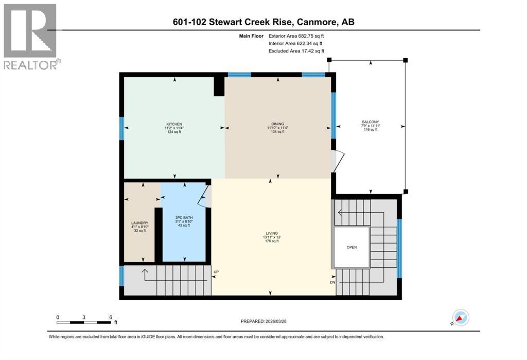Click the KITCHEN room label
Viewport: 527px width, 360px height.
pos(173,124)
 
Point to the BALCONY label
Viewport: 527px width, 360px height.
pos(370,122)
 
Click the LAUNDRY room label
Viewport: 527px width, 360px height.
pos(139,223)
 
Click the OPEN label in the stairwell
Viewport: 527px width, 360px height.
pos(352,247)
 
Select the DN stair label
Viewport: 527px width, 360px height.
pos(332,282)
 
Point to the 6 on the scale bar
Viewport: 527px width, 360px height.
pos(110,317)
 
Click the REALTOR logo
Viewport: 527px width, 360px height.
pos(30,36)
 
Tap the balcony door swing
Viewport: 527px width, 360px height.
pos(338,161)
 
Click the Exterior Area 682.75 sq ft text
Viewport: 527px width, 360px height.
pos(296,36)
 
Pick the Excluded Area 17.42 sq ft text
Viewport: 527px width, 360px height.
pos(296,51)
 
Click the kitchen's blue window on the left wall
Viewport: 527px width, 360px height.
pos(122,129)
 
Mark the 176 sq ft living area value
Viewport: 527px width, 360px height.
pos(271,241)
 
